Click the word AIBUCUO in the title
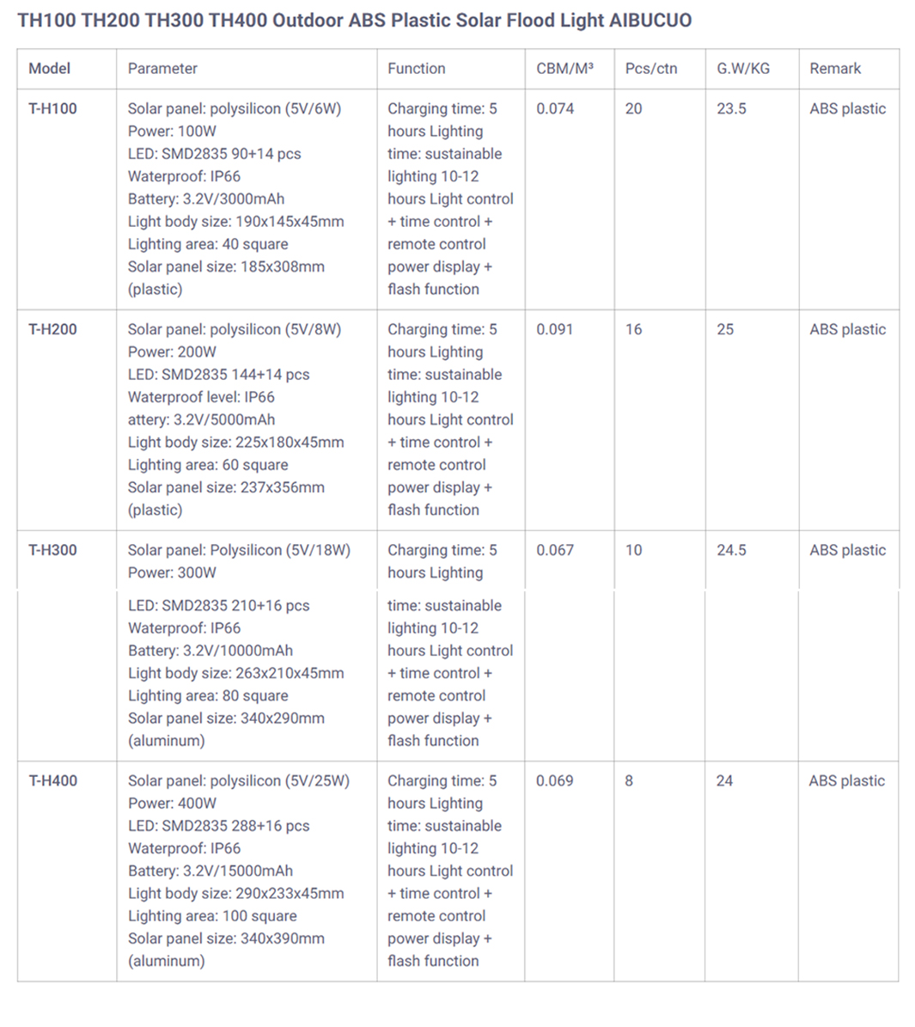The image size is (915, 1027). click(650, 21)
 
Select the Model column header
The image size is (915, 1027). click(50, 69)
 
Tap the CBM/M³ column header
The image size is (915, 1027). click(564, 69)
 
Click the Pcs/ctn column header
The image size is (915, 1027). click(651, 69)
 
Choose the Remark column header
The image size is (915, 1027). click(835, 69)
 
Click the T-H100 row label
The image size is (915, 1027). click(52, 109)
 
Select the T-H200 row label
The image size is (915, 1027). click(52, 330)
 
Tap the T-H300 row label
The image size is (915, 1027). click(52, 551)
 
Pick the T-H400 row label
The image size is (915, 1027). click(52, 781)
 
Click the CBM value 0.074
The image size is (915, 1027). click(555, 109)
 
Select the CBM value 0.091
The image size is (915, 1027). click(555, 330)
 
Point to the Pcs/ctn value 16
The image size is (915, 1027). click(633, 330)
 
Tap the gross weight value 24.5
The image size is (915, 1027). click(731, 551)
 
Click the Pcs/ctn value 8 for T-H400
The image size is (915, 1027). click(629, 781)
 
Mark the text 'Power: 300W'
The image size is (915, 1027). click(172, 573)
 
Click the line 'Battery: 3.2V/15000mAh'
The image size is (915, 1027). click(210, 871)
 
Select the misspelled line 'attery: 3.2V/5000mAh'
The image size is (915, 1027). click(201, 420)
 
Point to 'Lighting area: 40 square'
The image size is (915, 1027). click(208, 244)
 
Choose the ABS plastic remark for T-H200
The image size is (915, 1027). click(847, 330)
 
